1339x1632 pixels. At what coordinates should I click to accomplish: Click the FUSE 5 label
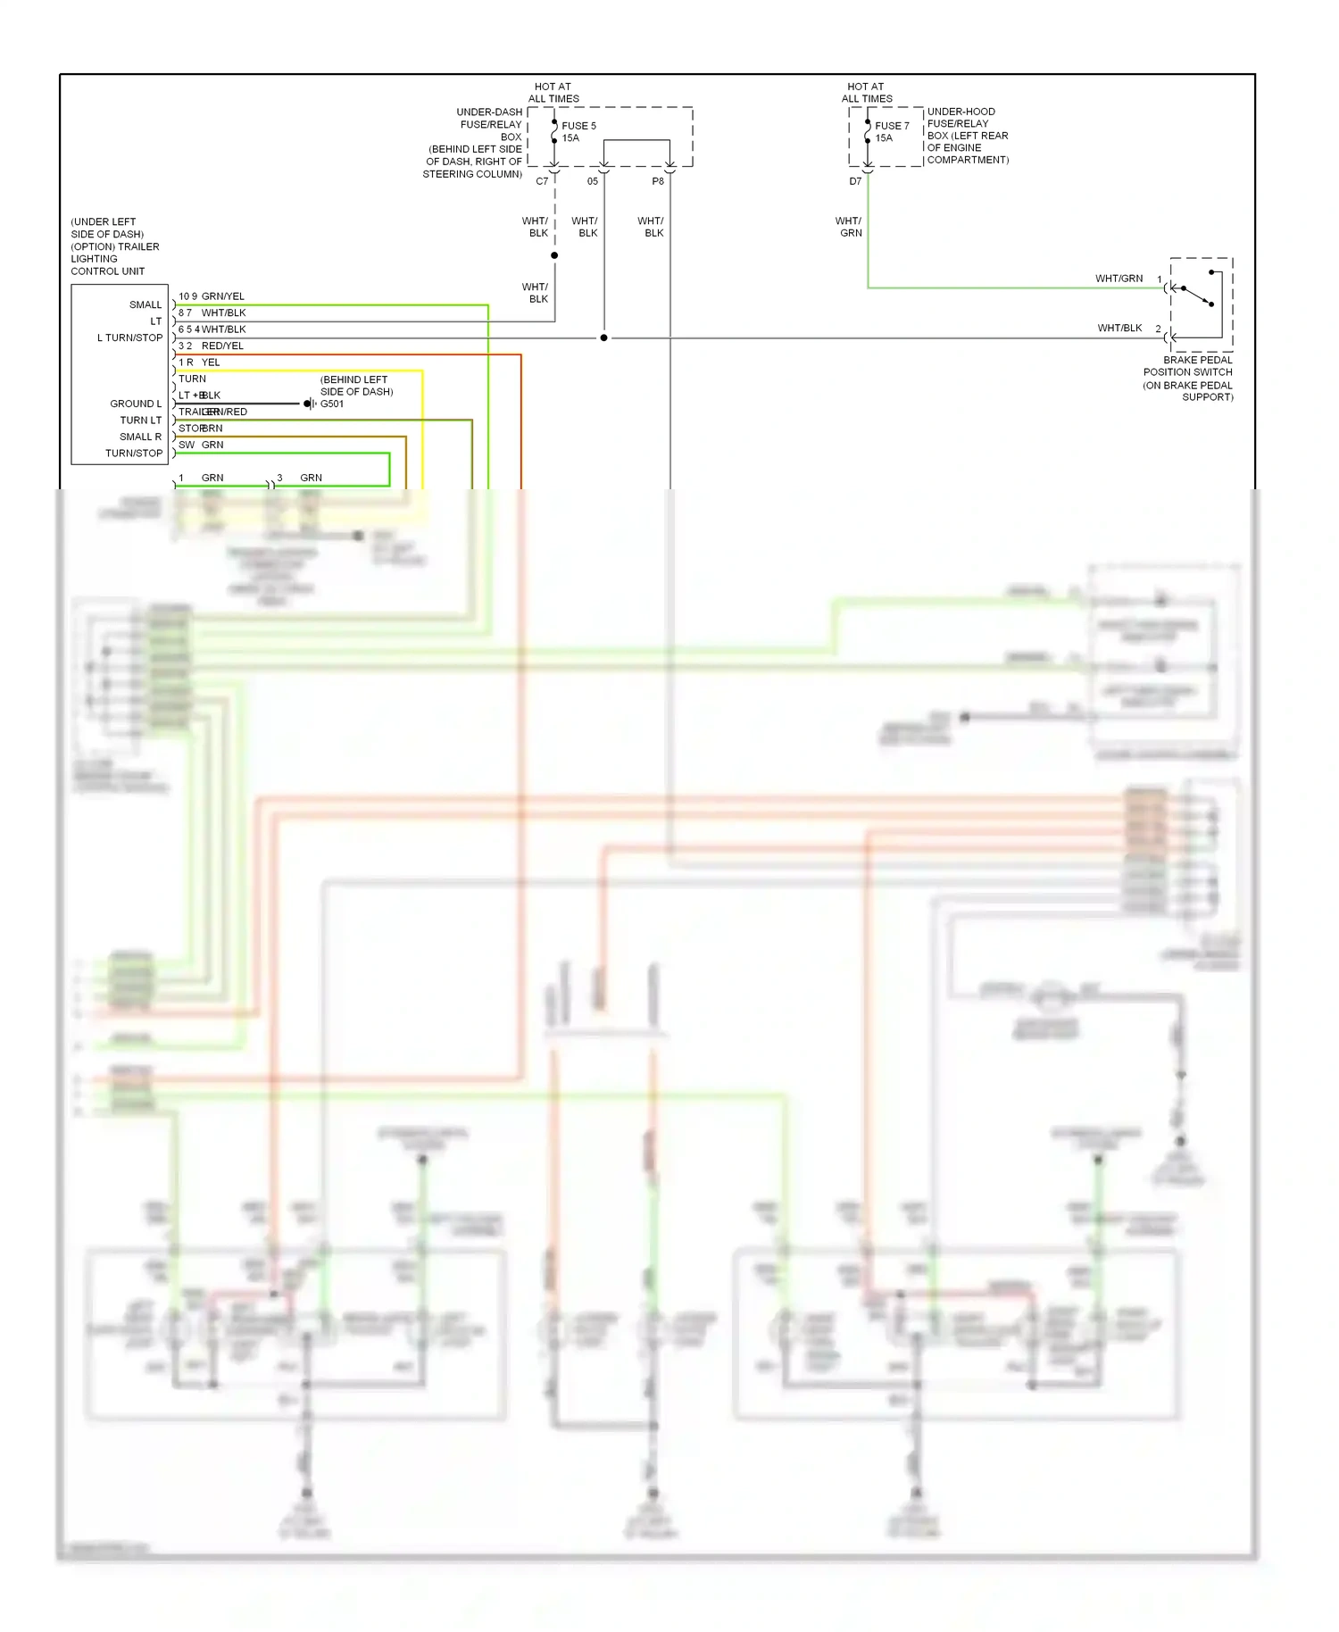tap(578, 126)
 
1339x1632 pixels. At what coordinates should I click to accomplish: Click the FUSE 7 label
tap(891, 126)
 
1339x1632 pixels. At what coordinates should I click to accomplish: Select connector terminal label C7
tap(542, 181)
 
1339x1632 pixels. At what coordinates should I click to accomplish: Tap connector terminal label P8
tap(658, 181)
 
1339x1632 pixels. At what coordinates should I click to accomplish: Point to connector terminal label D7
tap(855, 181)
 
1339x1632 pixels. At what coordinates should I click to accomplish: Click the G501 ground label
tap(332, 404)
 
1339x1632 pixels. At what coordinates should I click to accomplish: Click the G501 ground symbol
tap(309, 404)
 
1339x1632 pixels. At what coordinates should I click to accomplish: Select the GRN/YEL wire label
tap(222, 296)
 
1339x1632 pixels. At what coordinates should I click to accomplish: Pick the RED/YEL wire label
tap(222, 346)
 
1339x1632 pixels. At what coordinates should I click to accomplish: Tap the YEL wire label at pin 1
tap(211, 362)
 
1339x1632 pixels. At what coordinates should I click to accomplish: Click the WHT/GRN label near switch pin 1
tap(1119, 279)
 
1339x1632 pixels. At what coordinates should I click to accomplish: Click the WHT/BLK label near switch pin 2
tap(1119, 328)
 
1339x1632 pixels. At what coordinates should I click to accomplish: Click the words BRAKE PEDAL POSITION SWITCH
tap(1188, 366)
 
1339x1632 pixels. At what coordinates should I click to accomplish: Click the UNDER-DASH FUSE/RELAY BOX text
tap(489, 124)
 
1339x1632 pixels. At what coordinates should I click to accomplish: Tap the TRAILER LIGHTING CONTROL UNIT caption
tap(114, 253)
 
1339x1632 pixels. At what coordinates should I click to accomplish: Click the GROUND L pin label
tap(136, 404)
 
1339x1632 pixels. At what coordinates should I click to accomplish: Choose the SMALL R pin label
tap(140, 437)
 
